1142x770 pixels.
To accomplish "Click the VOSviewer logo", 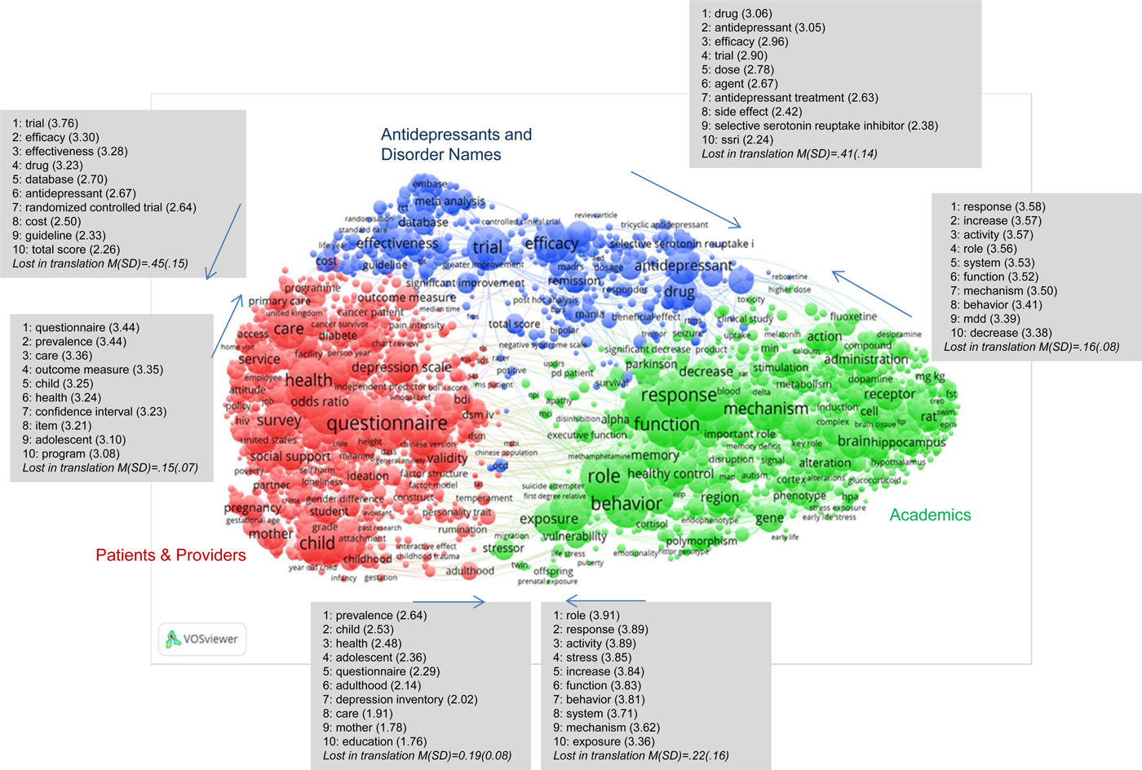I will click(201, 639).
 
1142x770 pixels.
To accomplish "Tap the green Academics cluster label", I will click(930, 515).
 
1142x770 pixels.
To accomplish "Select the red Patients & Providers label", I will click(170, 555).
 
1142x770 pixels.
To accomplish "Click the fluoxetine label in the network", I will click(853, 316).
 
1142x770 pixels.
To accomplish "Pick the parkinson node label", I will click(651, 364).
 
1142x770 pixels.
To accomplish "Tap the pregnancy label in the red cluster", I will click(253, 507).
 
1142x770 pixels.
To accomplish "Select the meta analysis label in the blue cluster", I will click(449, 201).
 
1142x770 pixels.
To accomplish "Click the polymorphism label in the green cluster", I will click(701, 541).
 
